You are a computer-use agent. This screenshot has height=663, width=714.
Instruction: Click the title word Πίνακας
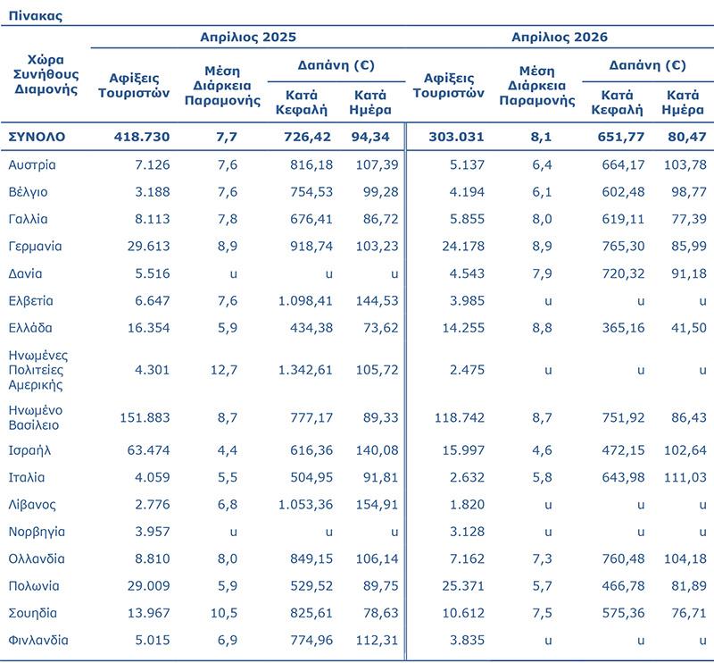tap(35, 16)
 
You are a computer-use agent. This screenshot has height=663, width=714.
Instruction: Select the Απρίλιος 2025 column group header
tap(248, 37)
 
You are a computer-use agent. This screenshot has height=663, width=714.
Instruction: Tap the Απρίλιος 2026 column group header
tap(560, 37)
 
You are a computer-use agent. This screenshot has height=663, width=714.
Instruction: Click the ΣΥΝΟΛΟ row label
tap(37, 137)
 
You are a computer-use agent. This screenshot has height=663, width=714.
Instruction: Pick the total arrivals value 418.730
tap(142, 137)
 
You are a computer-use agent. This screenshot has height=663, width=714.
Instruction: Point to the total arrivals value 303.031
tap(456, 137)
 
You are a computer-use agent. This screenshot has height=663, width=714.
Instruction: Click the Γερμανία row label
tap(35, 247)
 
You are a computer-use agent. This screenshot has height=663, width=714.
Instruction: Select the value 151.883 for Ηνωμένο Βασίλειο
tap(145, 417)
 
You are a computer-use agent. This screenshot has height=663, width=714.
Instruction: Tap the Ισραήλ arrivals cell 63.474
tap(148, 450)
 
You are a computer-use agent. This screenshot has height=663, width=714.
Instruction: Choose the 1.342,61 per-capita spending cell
tap(305, 370)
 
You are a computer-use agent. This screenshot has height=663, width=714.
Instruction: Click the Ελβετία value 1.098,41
tap(305, 301)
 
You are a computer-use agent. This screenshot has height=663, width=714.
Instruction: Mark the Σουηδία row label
tap(33, 613)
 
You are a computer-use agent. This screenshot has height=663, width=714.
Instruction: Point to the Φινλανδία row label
tap(38, 640)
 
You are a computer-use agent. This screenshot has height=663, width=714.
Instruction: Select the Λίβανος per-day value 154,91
tap(377, 505)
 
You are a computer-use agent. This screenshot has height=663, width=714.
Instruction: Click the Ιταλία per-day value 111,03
tap(685, 477)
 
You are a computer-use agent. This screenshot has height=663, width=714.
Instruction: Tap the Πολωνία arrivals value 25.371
tap(463, 586)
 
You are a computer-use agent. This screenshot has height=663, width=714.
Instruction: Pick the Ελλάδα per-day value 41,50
tap(689, 328)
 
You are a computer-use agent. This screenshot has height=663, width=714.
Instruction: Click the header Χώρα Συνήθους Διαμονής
tap(46, 74)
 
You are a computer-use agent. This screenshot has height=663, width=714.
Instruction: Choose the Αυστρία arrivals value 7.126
tap(152, 164)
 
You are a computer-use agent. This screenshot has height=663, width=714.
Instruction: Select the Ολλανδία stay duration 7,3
tap(542, 559)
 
